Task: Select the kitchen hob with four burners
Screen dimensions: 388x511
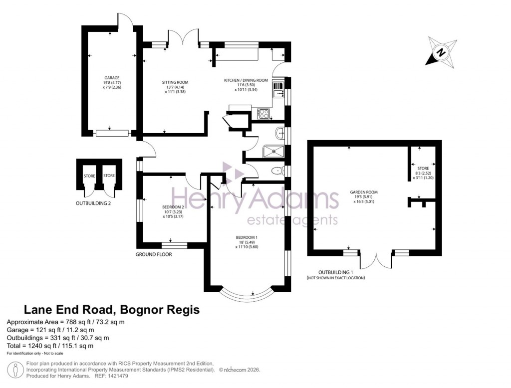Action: click(264, 115)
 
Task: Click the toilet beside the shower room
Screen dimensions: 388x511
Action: click(275, 171)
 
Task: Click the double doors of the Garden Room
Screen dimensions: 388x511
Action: click(376, 262)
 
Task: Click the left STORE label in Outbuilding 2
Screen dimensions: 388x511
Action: click(89, 176)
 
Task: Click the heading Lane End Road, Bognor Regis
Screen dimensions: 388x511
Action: click(112, 310)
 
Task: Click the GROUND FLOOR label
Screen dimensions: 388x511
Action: click(154, 254)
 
